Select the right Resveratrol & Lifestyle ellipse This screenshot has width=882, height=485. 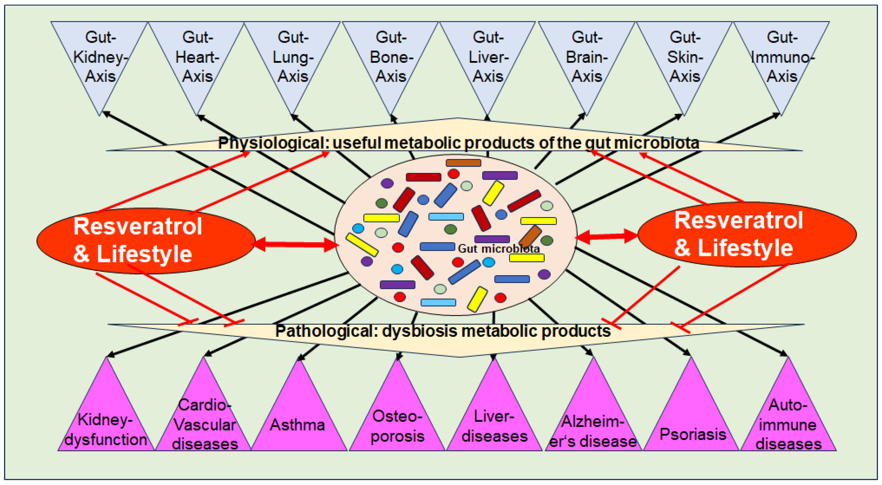point(746,235)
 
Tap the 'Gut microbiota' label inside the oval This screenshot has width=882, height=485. point(498,249)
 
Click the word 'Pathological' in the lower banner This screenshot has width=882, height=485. point(325,331)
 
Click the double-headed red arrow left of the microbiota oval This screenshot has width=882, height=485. point(296,244)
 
